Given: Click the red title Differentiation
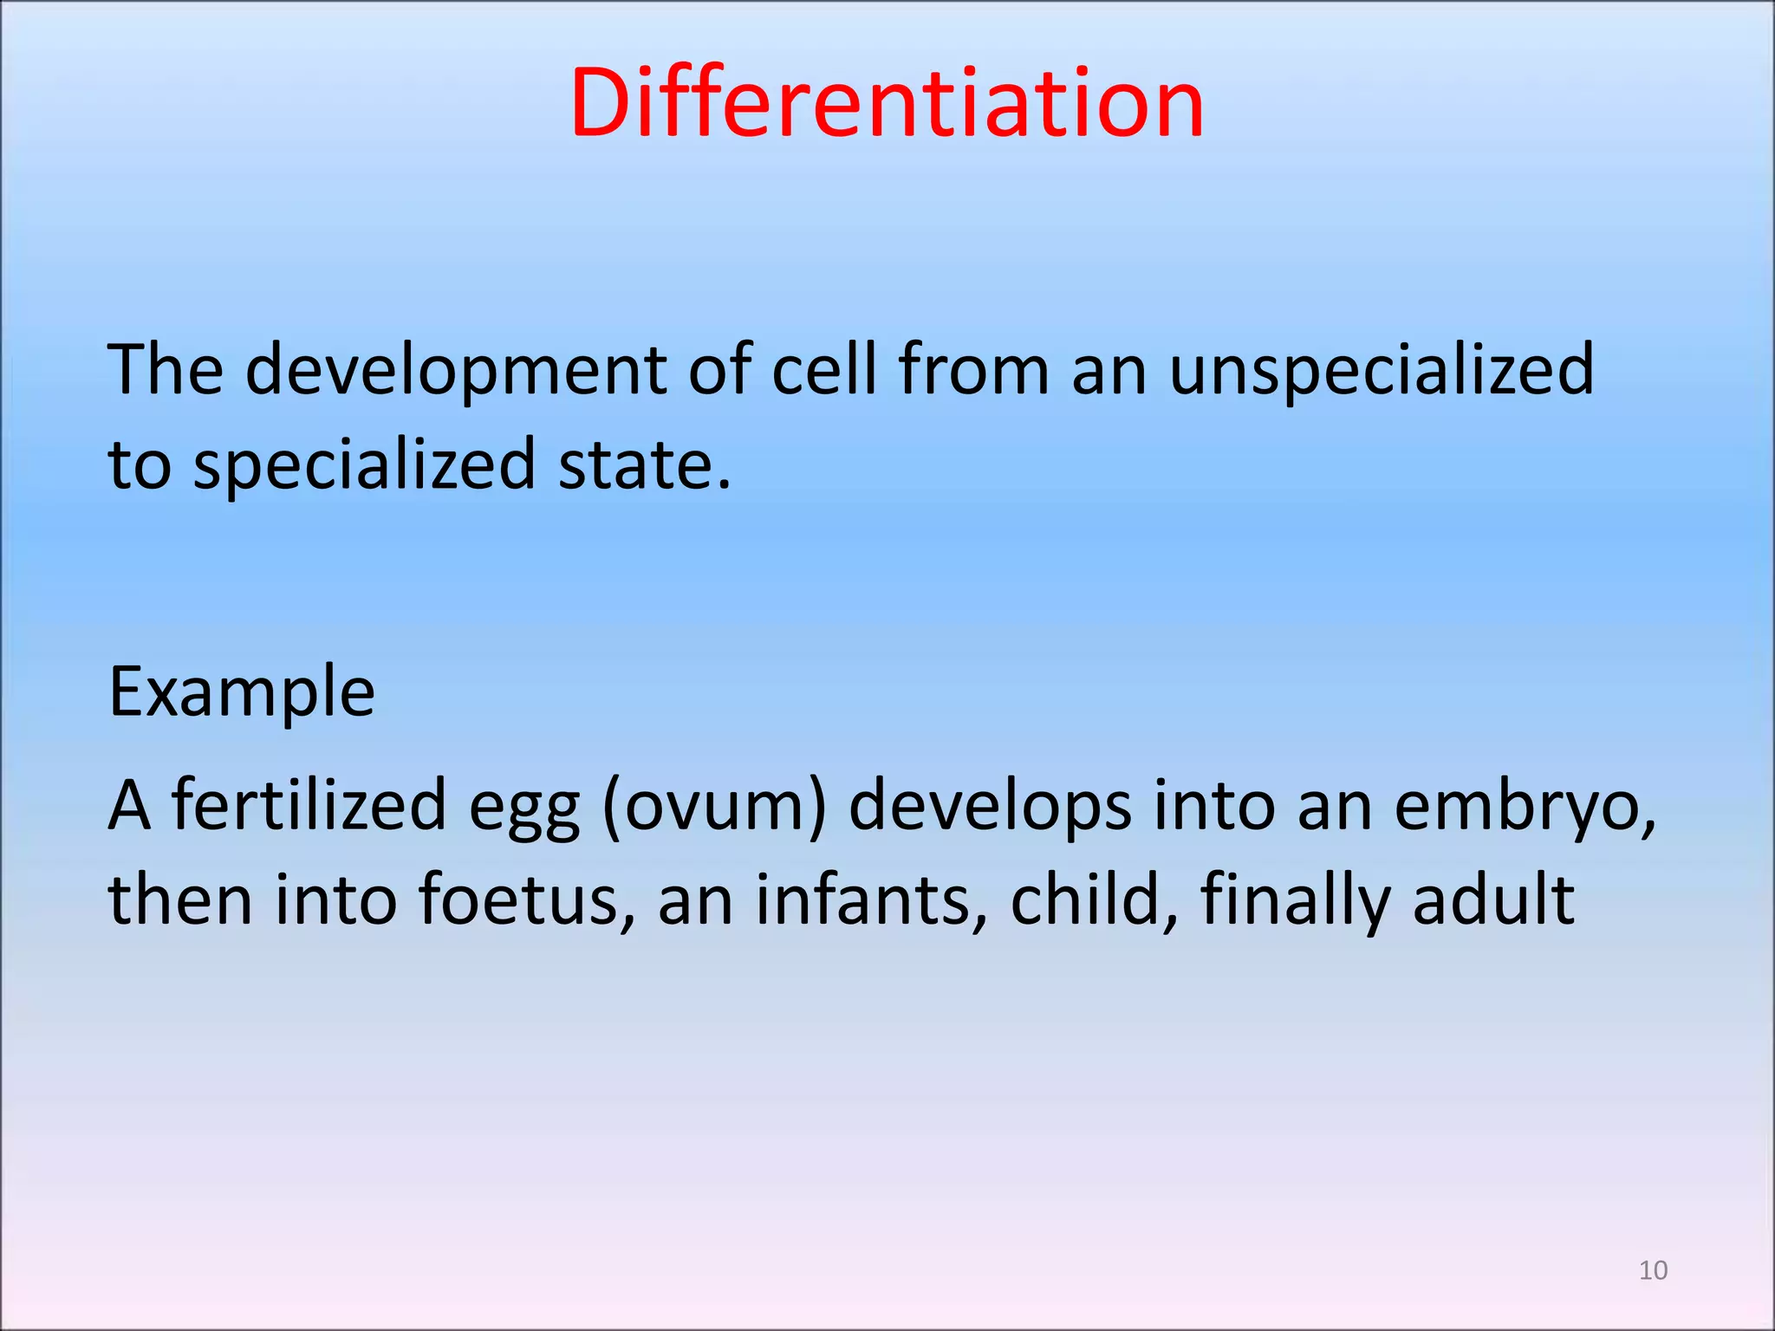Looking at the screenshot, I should coord(887,104).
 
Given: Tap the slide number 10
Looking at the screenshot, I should coord(1653,1270).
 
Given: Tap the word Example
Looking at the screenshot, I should coord(242,693).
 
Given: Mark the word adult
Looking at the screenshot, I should coord(1493,899).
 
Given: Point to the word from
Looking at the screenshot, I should coord(973,369).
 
